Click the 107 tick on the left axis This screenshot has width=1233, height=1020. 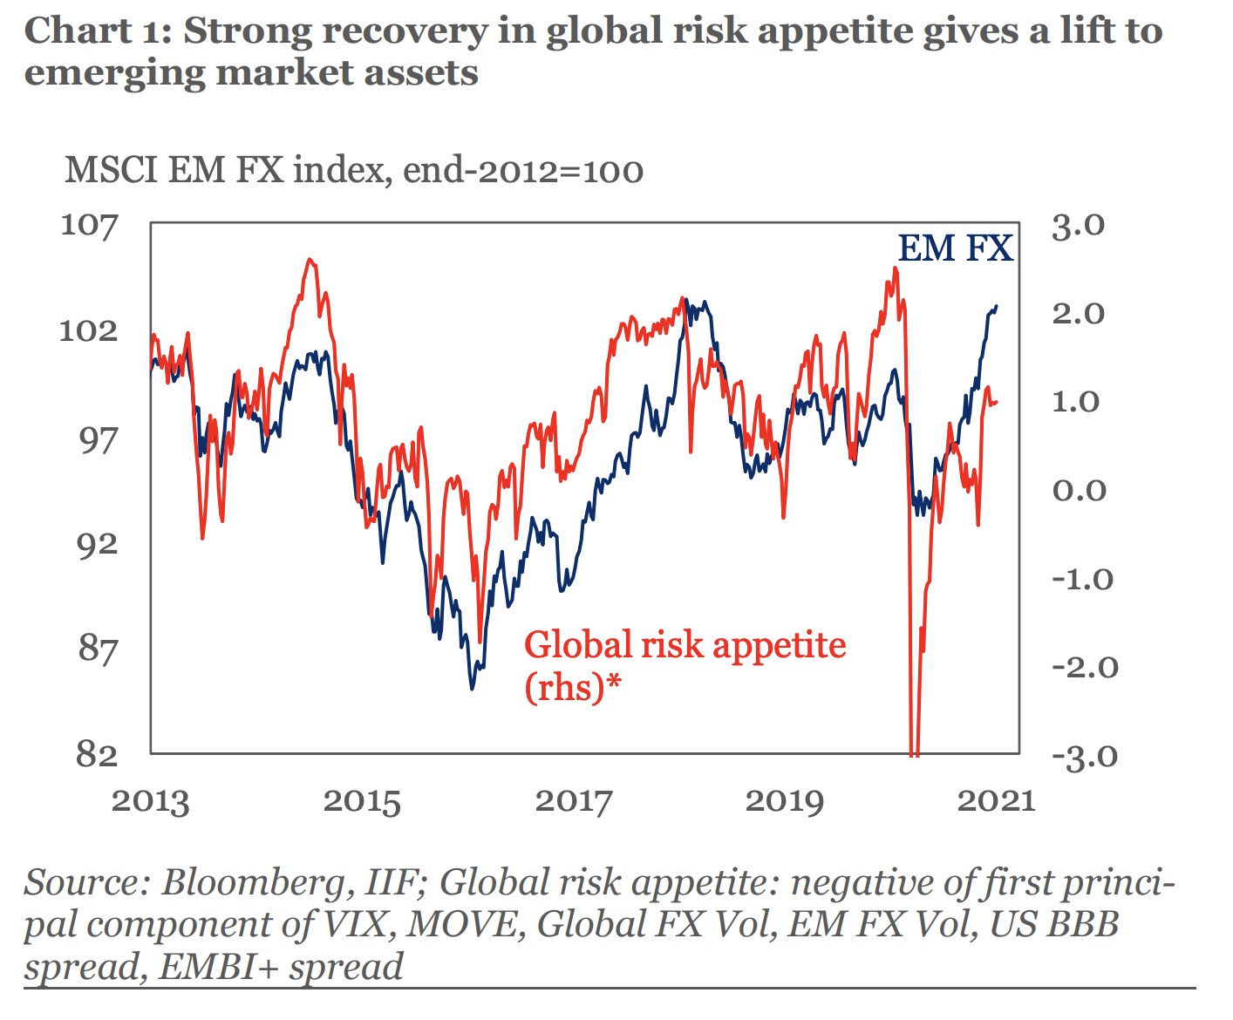[89, 225]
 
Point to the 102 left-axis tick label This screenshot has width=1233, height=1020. [89, 331]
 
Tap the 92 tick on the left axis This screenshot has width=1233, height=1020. [96, 543]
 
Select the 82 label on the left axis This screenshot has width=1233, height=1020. [96, 755]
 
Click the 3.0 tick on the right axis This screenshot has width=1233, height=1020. [1078, 225]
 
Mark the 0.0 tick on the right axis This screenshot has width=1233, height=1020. [1078, 490]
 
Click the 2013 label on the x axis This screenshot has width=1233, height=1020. [150, 800]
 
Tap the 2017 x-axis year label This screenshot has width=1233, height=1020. [574, 800]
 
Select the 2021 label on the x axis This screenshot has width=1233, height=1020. [996, 800]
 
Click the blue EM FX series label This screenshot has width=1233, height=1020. [955, 249]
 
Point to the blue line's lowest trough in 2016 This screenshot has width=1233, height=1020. [473, 689]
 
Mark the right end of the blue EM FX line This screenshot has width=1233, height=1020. [997, 306]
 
